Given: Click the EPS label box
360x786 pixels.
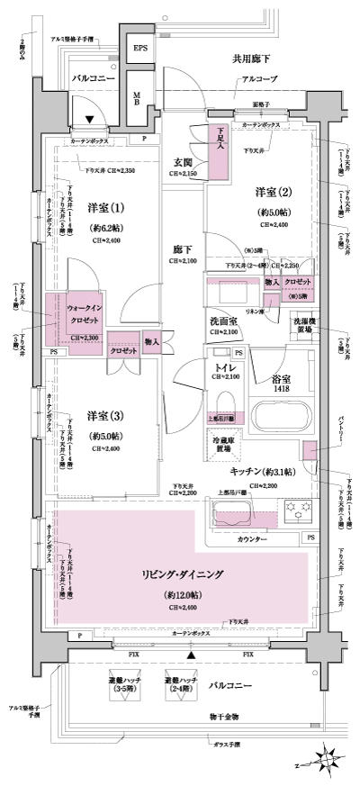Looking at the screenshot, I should (141, 49).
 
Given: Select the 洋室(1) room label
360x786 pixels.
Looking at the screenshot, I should (107, 208).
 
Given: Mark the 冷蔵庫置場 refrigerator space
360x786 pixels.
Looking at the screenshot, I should (220, 443).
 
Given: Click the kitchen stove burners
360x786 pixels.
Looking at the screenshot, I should (298, 513).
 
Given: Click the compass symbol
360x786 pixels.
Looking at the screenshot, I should (328, 760).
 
